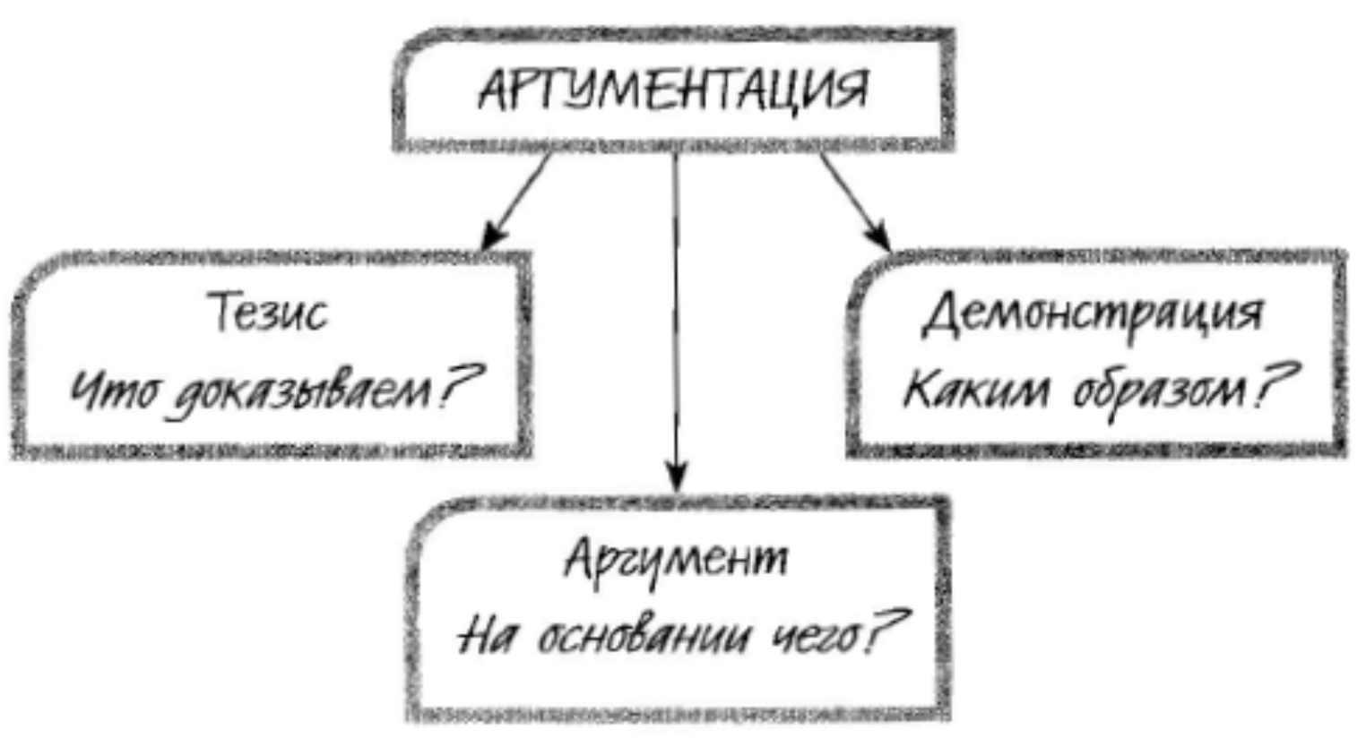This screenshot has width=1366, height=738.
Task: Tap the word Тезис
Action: coord(268,312)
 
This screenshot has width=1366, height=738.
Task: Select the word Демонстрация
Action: coord(1093,318)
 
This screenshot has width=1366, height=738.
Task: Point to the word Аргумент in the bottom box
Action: coord(676,560)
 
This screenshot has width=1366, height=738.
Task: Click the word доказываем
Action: coord(303,392)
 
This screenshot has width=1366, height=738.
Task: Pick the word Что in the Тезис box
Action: coord(115,390)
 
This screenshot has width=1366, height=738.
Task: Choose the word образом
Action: coord(1160,390)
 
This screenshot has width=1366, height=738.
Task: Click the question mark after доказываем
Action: coord(461,386)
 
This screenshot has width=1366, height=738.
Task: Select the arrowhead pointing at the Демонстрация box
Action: coord(878,235)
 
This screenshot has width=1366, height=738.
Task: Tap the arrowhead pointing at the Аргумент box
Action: coord(676,476)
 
